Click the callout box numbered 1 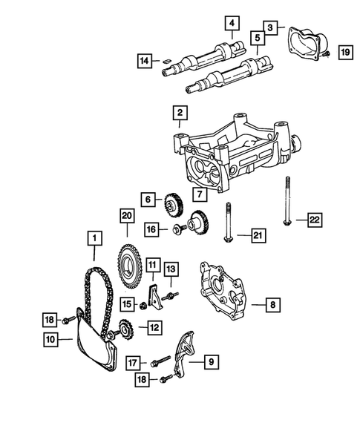(94, 238)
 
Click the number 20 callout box (126, 215)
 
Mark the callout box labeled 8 (274, 304)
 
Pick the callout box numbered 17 (131, 363)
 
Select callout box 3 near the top (272, 27)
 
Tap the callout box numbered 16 (151, 230)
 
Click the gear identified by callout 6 (173, 203)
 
